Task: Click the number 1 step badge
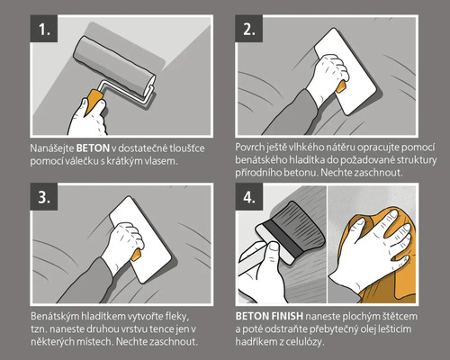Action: coord(44,29)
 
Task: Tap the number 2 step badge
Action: coord(249,29)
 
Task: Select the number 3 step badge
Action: coord(44,197)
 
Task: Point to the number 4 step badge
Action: coord(249,197)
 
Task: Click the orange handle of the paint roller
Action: coord(94,101)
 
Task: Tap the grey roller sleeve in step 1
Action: coord(114,66)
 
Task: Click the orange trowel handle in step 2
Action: coord(341,86)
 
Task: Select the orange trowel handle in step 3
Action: coord(136,255)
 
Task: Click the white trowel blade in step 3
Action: coord(140,239)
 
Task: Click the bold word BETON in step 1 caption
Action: coord(93,148)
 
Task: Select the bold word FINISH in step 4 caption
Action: coord(287,316)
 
